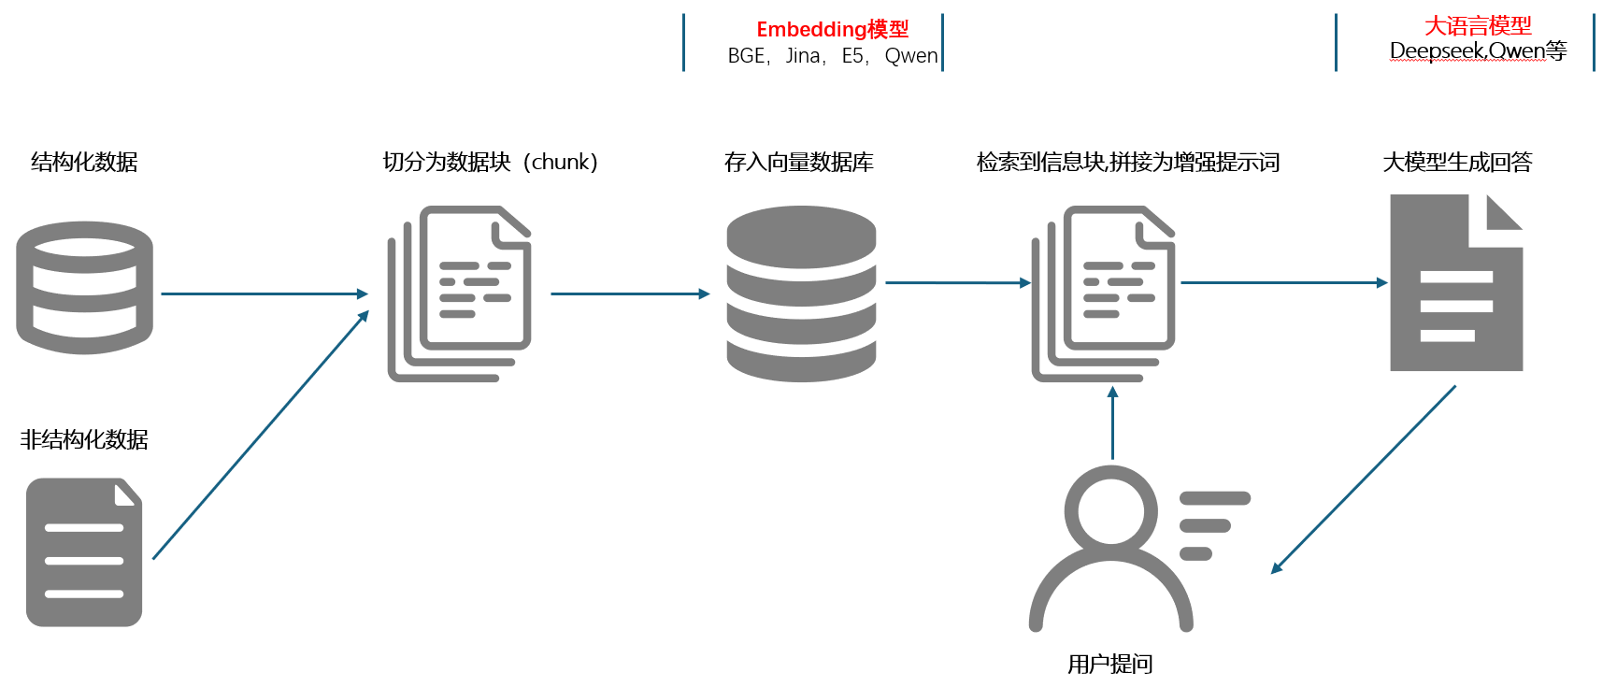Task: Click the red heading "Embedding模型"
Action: tap(832, 30)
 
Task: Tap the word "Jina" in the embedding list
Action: tap(802, 56)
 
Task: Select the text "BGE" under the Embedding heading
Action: tap(746, 56)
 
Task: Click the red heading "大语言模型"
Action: tap(1478, 25)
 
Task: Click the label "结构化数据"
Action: tap(84, 162)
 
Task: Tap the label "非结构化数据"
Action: tap(84, 439)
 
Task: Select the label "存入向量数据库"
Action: tap(798, 162)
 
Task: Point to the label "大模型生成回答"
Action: tap(1457, 162)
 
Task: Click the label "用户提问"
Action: tap(1109, 664)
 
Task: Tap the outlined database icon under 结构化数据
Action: tap(84, 287)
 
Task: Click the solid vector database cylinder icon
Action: tap(801, 293)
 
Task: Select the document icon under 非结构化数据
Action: tap(84, 551)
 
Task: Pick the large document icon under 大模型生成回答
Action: tap(1455, 283)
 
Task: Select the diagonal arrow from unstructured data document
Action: tap(261, 435)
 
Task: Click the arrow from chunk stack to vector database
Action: tap(630, 293)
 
